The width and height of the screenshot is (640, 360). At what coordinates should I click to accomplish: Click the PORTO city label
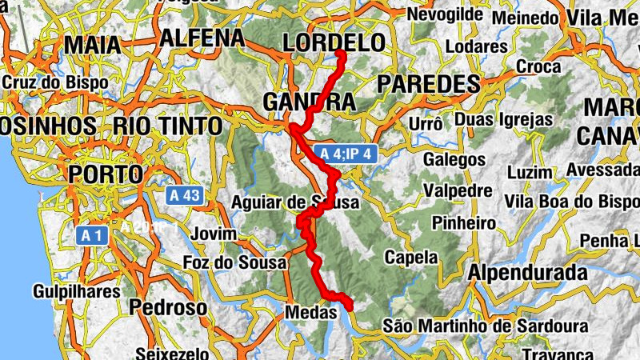tap(105, 174)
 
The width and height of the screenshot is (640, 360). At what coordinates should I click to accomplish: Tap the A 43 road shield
tap(184, 194)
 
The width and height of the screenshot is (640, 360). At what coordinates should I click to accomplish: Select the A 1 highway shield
tap(93, 234)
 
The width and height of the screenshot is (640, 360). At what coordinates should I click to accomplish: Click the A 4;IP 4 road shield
tap(346, 154)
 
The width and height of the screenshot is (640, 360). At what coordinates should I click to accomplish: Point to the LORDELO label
tap(334, 42)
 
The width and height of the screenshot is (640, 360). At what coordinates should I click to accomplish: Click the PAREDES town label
tap(427, 84)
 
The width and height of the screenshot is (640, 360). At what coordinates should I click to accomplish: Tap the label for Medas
tap(310, 313)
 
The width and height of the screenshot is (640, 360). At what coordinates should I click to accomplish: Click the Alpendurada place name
tap(527, 273)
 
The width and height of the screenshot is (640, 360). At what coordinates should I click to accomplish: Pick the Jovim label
tap(214, 234)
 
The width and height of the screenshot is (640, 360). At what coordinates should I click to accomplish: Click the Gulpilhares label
tap(77, 291)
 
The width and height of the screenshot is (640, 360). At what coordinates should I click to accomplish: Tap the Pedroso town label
tap(168, 307)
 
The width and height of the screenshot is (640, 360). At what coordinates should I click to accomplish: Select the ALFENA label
tap(202, 38)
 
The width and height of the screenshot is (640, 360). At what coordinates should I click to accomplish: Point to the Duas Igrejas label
tap(503, 119)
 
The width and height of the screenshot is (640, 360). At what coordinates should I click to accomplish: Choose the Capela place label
tap(411, 258)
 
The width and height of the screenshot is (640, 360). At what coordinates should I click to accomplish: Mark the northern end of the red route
tap(340, 54)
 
